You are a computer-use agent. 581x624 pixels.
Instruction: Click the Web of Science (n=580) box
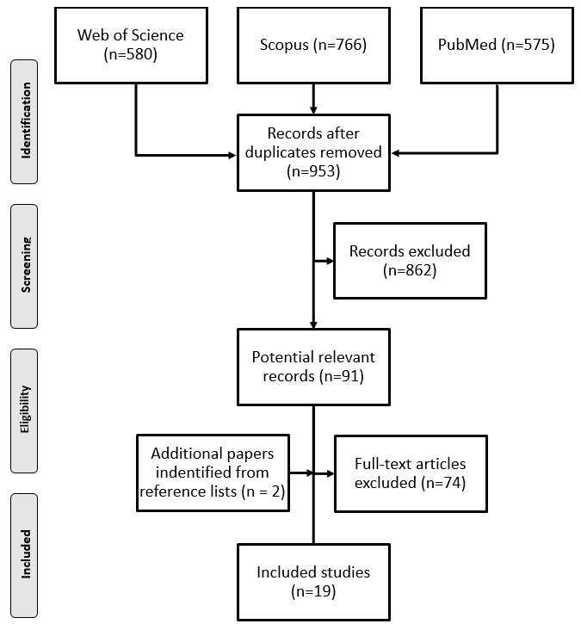coord(131,46)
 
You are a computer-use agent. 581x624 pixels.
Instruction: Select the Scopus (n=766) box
coord(313,46)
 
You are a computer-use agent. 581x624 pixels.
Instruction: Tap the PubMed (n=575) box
coord(497,46)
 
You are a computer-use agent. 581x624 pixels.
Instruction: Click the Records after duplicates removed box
coord(313,153)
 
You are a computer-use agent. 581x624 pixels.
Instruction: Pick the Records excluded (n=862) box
coord(410,261)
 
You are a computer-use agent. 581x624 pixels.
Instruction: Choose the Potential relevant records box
coord(313,367)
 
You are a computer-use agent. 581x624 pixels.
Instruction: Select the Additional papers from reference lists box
coord(213,473)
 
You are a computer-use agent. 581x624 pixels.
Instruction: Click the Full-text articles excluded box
coord(411,473)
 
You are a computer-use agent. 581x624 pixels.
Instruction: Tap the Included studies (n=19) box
coord(313,582)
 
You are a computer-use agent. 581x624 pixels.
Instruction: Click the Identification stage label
coord(24,121)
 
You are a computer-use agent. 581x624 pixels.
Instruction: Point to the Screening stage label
coord(24,266)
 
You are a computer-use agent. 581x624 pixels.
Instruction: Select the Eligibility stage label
coord(24,411)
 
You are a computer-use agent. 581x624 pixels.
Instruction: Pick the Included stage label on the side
coord(24,555)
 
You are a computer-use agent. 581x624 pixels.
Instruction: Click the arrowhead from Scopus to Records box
coord(313,110)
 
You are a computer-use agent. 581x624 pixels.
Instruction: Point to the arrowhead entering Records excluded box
coord(330,261)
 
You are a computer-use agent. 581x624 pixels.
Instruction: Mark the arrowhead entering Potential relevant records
coord(313,324)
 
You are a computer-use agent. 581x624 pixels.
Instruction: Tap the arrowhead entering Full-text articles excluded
coord(331,473)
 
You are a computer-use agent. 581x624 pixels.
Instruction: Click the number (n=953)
coord(313,171)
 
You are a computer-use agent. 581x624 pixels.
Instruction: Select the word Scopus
coord(284,45)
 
